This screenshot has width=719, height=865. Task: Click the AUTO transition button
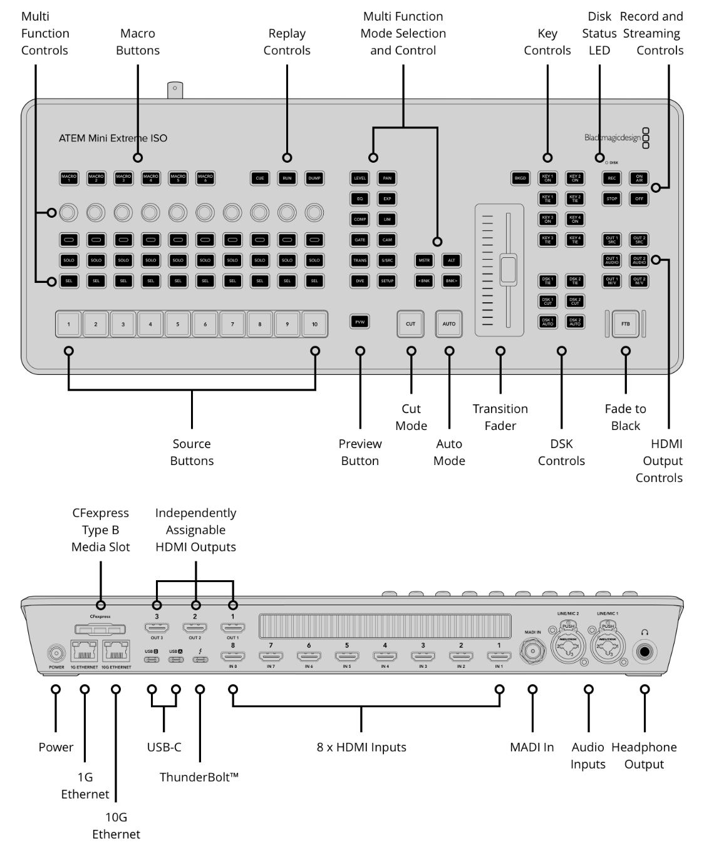pyautogui.click(x=449, y=324)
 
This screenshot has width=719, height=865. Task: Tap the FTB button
pyautogui.click(x=625, y=324)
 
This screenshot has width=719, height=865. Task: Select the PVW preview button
pyautogui.click(x=359, y=322)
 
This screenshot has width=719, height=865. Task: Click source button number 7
pyautogui.click(x=232, y=324)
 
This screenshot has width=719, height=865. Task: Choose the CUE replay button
pyautogui.click(x=260, y=178)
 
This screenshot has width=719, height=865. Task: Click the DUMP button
pyautogui.click(x=314, y=178)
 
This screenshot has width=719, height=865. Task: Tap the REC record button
pyautogui.click(x=612, y=178)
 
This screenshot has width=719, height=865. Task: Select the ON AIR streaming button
pyautogui.click(x=639, y=178)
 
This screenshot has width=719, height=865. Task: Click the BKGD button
pyautogui.click(x=520, y=178)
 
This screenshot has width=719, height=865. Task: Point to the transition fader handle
pyautogui.click(x=508, y=269)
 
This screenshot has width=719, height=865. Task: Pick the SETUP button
pyautogui.click(x=387, y=281)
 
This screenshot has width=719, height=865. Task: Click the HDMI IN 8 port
pyautogui.click(x=233, y=656)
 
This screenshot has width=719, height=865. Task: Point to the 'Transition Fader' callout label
pyautogui.click(x=500, y=417)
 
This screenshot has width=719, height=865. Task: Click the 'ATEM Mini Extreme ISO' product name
pyautogui.click(x=113, y=138)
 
